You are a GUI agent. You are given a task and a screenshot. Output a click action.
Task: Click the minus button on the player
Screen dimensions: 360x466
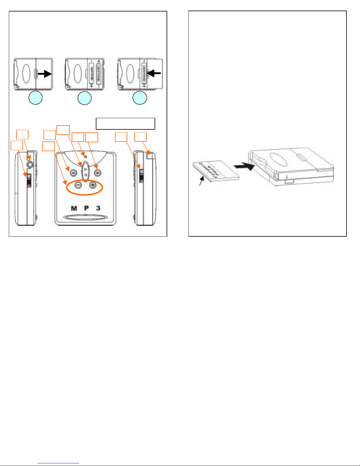(x=78, y=185)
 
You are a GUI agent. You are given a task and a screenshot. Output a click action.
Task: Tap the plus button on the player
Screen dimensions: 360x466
(x=93, y=185)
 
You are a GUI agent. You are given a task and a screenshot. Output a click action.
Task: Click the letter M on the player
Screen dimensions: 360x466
(x=74, y=208)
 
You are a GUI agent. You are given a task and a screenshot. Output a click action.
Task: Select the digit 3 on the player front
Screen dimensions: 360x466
(x=98, y=208)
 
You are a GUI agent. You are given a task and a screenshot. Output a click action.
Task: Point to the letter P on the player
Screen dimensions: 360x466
(x=86, y=208)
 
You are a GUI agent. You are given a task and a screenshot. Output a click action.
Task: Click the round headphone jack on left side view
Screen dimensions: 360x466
(x=29, y=164)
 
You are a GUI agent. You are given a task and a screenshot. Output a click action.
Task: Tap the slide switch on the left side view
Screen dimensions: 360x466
(x=29, y=180)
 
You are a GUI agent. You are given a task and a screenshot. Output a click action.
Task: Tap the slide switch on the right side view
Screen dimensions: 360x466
(x=141, y=176)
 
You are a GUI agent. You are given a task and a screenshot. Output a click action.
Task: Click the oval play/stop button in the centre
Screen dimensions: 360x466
(x=85, y=171)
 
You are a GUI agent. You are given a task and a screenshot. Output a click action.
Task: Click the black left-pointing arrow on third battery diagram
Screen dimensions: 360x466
(x=153, y=73)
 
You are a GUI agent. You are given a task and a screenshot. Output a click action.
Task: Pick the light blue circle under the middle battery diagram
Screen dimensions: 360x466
(x=85, y=98)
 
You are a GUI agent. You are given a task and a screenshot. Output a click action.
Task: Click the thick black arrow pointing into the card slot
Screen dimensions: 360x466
(x=245, y=167)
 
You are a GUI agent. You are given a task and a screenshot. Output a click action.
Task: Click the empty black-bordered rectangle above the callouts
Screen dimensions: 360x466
(x=125, y=123)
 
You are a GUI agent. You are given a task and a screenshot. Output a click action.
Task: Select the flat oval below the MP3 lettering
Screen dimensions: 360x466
(x=85, y=218)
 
